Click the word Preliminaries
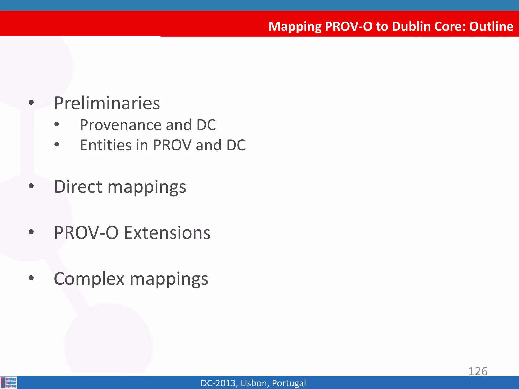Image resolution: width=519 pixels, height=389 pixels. click(x=107, y=103)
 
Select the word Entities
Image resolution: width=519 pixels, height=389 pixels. click(x=106, y=145)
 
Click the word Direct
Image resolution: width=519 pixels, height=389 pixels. click(x=78, y=187)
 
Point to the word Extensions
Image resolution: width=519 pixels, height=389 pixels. click(x=167, y=232)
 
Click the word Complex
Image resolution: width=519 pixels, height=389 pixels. click(x=89, y=279)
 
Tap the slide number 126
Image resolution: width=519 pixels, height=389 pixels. click(x=478, y=371)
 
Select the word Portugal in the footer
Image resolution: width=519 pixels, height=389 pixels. click(x=289, y=383)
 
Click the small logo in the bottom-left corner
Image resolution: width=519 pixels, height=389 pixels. click(x=9, y=382)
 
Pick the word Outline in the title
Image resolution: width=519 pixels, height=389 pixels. click(x=491, y=26)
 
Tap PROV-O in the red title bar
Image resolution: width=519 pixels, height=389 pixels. click(x=348, y=26)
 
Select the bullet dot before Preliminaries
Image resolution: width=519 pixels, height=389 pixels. click(x=31, y=103)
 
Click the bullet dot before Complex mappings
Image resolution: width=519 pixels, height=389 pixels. click(x=31, y=278)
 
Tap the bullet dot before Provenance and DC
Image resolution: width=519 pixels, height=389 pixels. click(x=57, y=124)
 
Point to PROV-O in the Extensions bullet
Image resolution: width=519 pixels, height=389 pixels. click(x=86, y=232)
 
